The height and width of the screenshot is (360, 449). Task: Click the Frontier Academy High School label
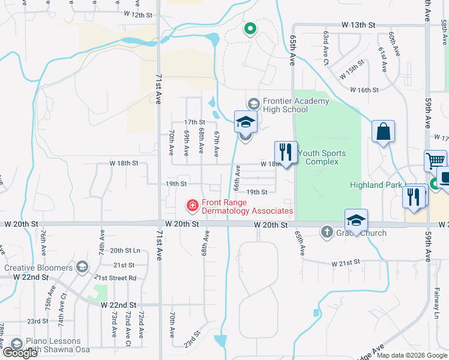[x=288, y=105]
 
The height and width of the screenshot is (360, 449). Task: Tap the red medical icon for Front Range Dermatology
[x=193, y=206]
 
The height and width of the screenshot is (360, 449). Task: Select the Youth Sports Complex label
[x=322, y=157]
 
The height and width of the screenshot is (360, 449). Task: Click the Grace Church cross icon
[x=327, y=231]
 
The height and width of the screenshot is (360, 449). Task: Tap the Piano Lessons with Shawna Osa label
[x=53, y=346]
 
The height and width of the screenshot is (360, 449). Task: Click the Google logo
[x=19, y=353]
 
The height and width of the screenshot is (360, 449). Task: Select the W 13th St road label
[x=358, y=25]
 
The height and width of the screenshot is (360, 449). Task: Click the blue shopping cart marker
[x=436, y=160]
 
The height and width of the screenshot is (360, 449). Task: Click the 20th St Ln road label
[x=125, y=250]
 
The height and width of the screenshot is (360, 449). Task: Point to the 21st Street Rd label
[x=115, y=278]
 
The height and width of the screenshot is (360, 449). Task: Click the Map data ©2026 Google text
[x=412, y=355]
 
